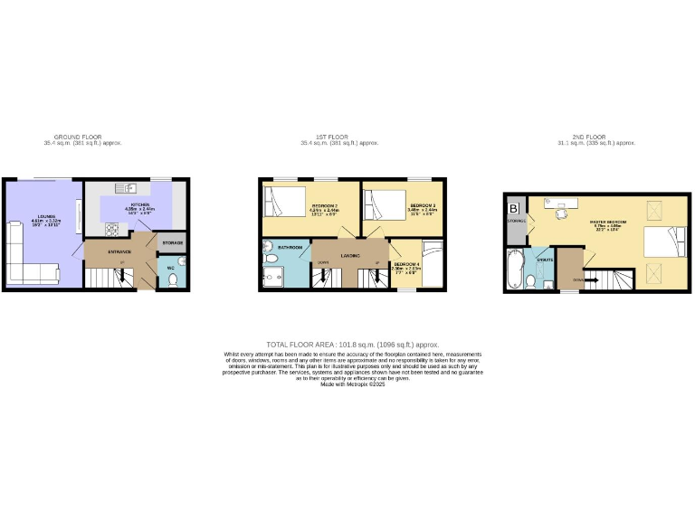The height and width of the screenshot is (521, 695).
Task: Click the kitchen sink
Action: (131, 187)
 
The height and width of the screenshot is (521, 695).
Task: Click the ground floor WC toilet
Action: (174, 279)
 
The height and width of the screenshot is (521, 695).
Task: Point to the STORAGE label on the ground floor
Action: (172, 243)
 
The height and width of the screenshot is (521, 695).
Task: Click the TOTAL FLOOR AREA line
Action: (353, 345)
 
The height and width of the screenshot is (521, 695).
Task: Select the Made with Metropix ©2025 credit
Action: (353, 384)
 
